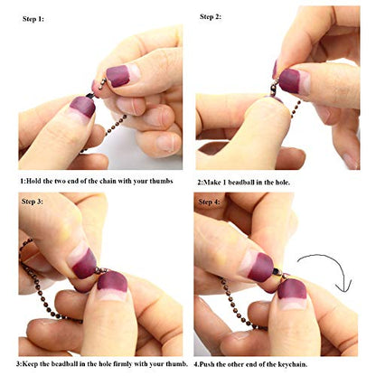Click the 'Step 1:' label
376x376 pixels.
click(x=33, y=19)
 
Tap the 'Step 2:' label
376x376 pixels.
click(x=211, y=16)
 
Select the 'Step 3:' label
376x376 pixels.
click(x=33, y=202)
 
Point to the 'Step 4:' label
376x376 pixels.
click(x=209, y=202)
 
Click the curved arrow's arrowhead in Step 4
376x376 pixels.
click(x=344, y=286)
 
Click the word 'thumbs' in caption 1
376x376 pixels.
click(x=162, y=181)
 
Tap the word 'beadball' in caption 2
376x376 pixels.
click(x=241, y=183)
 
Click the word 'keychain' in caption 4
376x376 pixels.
click(x=294, y=364)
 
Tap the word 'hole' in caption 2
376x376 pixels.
click(x=282, y=183)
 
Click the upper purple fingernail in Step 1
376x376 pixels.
click(x=118, y=76)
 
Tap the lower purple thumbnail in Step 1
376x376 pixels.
click(x=83, y=107)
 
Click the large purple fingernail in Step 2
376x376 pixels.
click(x=289, y=80)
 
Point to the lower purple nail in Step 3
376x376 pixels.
click(x=112, y=281)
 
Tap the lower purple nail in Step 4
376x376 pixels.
click(x=292, y=289)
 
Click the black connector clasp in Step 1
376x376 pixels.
click(x=90, y=96)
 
